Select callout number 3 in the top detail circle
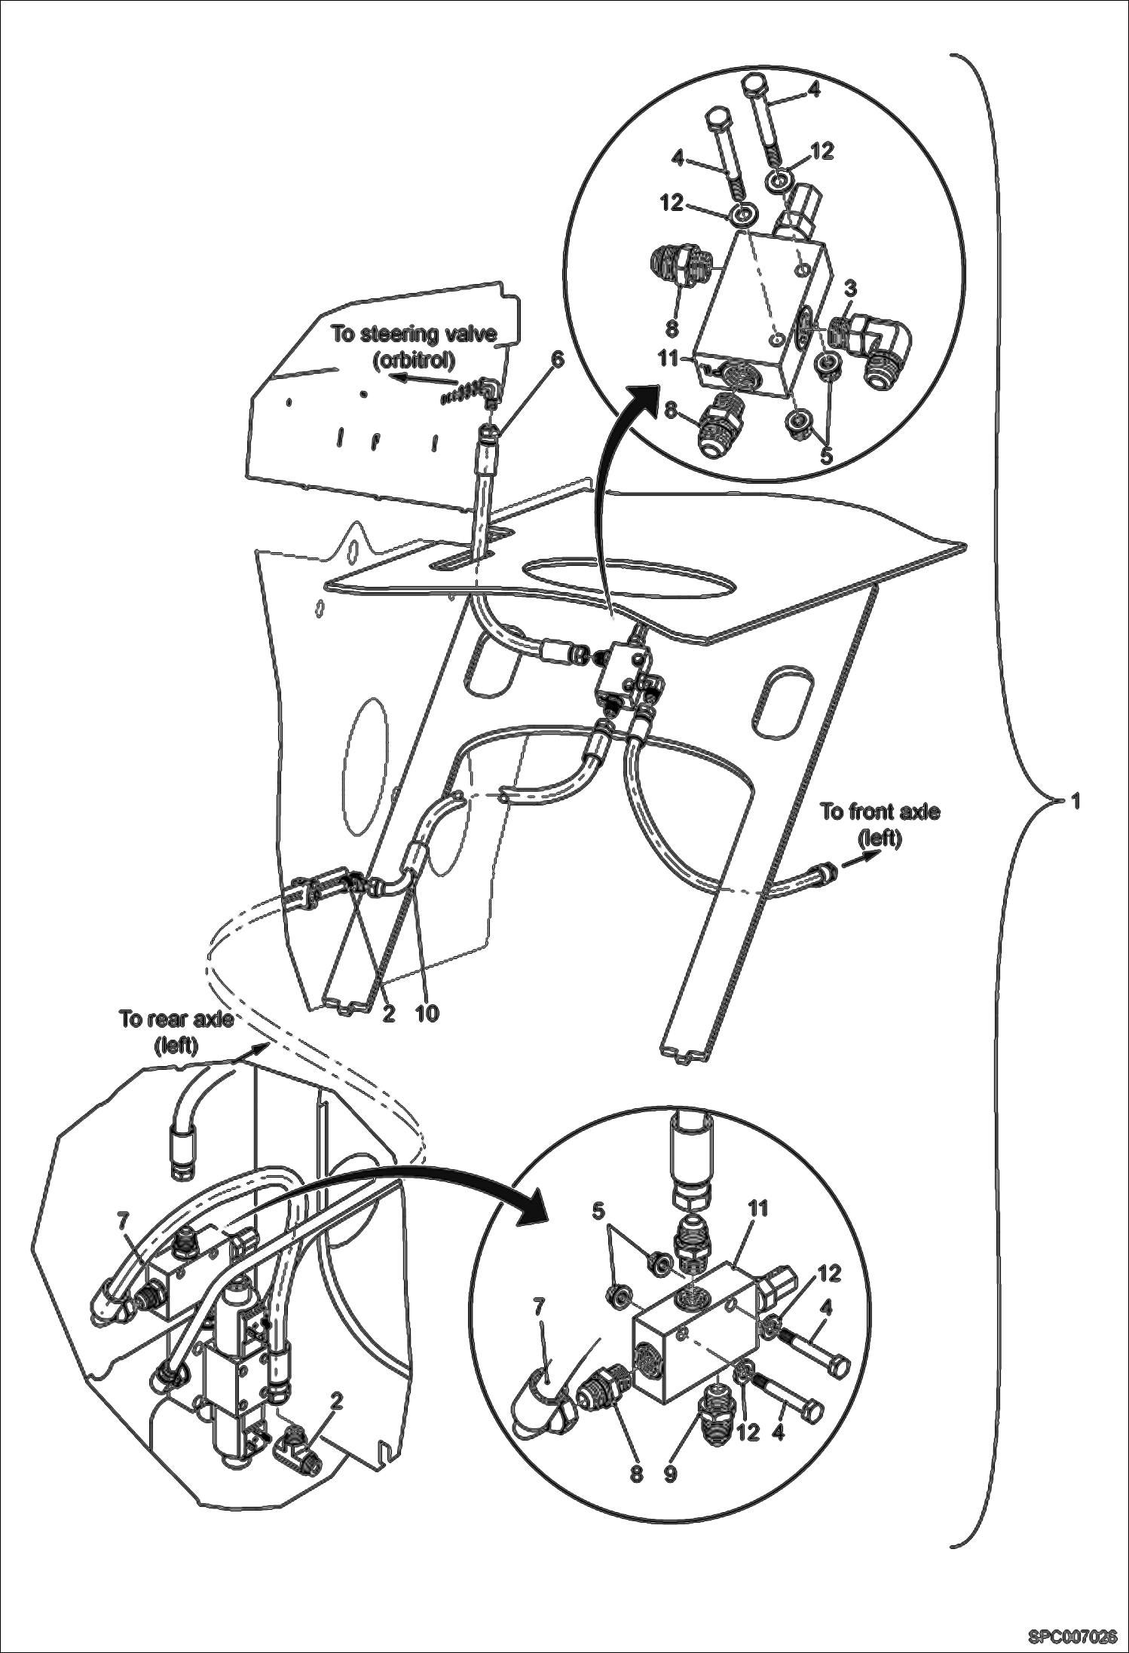[850, 288]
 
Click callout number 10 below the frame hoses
[427, 1014]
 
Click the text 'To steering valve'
[415, 335]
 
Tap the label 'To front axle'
[880, 812]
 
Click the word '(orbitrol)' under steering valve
[415, 360]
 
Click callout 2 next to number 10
[389, 1014]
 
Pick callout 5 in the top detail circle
[826, 456]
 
